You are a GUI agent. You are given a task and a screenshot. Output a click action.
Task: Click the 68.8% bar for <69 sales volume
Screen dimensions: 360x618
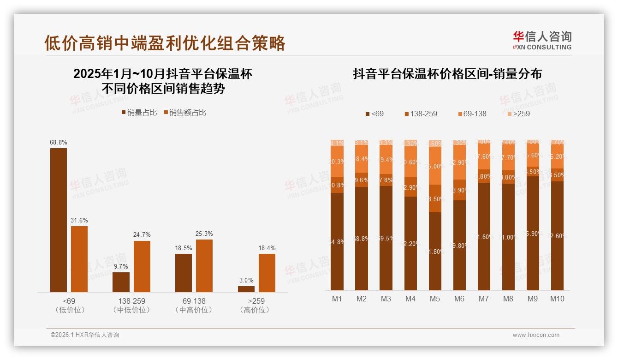[59, 220]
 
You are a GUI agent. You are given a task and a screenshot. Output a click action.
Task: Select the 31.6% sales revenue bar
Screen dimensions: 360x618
[79, 259]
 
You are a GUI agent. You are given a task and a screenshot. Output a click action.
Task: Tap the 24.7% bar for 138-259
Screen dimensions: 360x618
[142, 266]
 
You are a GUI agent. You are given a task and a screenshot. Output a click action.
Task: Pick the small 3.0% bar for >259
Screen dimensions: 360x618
[246, 289]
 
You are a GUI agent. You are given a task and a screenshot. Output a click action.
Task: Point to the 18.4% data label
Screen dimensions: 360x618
[267, 248]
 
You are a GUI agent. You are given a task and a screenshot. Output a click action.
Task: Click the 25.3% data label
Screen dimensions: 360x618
[204, 234]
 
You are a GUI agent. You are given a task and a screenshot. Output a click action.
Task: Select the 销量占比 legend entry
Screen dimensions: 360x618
[139, 113]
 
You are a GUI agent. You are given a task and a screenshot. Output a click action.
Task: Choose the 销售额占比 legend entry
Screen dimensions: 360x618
[184, 113]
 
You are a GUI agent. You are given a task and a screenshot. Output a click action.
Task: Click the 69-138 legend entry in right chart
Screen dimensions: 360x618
[472, 114]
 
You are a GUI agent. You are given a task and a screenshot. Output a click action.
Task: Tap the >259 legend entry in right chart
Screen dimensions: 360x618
[518, 114]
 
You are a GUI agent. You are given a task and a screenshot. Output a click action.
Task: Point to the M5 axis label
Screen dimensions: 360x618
[434, 299]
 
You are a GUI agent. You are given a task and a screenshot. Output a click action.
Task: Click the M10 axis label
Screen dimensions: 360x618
[557, 299]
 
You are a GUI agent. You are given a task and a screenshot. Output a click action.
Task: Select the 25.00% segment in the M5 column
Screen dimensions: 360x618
[435, 166]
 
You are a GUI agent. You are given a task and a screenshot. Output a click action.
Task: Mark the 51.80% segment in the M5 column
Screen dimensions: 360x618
[435, 251]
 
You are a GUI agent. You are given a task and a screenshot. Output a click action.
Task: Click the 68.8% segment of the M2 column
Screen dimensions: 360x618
[362, 239]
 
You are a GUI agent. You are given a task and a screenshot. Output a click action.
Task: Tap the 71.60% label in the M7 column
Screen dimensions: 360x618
[484, 237]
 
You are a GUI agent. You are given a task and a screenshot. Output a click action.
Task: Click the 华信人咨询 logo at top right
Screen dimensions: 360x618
[542, 40]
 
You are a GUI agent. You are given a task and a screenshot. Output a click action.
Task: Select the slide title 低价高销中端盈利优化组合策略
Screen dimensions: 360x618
[165, 43]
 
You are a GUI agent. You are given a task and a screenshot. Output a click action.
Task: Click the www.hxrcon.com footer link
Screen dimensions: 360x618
[536, 335]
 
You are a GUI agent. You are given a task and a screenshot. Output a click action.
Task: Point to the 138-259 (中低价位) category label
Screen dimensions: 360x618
[131, 305]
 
